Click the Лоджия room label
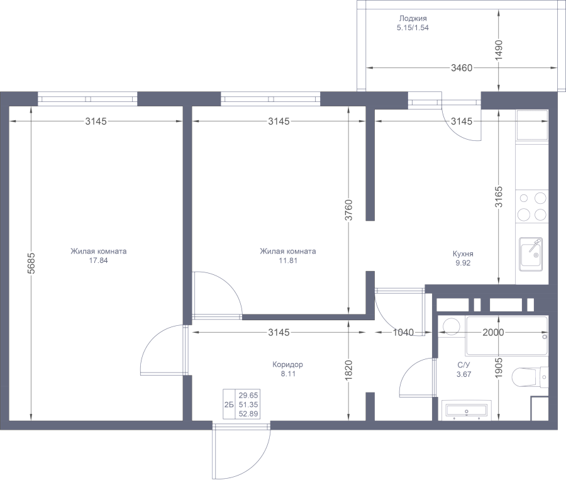pyautogui.click(x=413, y=18)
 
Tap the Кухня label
pyautogui.click(x=463, y=254)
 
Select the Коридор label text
pyautogui.click(x=287, y=364)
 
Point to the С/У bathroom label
pyautogui.click(x=463, y=365)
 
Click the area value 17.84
pyautogui.click(x=98, y=260)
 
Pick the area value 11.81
pyautogui.click(x=287, y=260)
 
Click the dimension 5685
pyautogui.click(x=31, y=263)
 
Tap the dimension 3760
pyautogui.click(x=348, y=210)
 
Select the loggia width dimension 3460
pyautogui.click(x=462, y=67)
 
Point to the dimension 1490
pyautogui.click(x=499, y=50)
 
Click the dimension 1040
pyautogui.click(x=403, y=332)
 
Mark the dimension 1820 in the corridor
pyautogui.click(x=348, y=370)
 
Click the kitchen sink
pyautogui.click(x=531, y=254)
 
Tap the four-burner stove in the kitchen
pyautogui.click(x=531, y=206)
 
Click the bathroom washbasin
pyautogui.click(x=467, y=411)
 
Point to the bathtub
pyautogui.click(x=507, y=336)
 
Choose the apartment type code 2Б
pyautogui.click(x=229, y=405)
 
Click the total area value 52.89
pyautogui.click(x=248, y=414)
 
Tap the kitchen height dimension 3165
pyautogui.click(x=499, y=197)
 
